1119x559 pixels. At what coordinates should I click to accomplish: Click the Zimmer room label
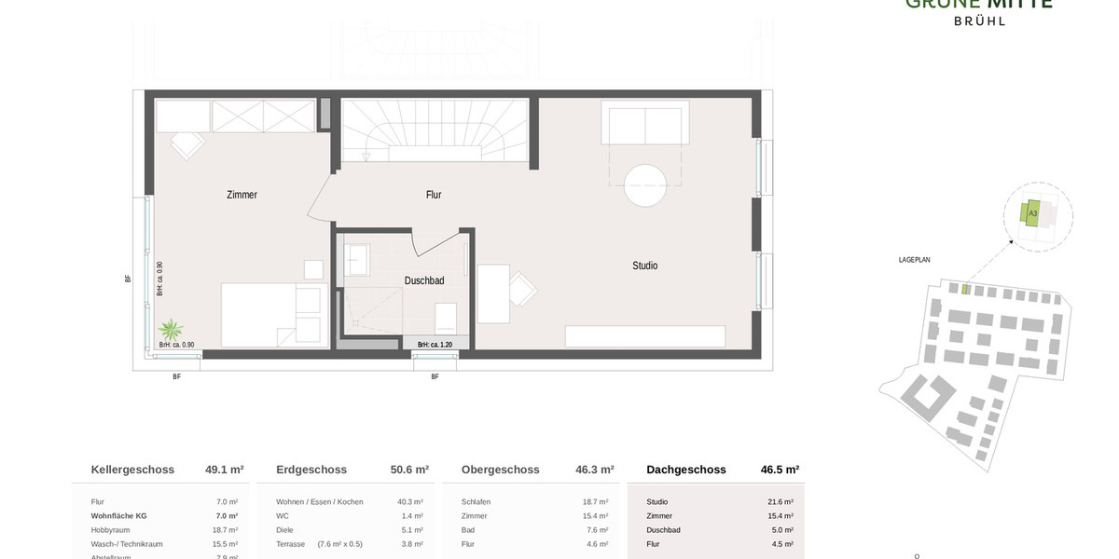click(x=242, y=195)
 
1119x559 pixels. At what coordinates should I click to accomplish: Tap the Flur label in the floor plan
click(x=434, y=195)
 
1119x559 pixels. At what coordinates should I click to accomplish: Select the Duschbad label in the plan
click(x=424, y=280)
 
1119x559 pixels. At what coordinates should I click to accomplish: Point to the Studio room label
click(x=644, y=266)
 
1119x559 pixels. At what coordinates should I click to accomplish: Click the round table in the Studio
click(x=644, y=185)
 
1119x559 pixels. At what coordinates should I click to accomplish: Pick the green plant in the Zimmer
click(x=171, y=330)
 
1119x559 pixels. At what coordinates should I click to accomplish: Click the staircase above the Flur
click(x=434, y=130)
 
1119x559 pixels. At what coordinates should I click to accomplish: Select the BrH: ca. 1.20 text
click(x=435, y=345)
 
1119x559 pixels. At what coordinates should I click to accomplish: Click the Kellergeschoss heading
click(x=132, y=470)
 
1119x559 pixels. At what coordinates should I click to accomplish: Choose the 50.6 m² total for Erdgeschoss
click(x=409, y=470)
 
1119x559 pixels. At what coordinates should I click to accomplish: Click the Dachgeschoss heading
click(x=685, y=470)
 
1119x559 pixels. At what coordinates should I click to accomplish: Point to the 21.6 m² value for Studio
click(x=780, y=502)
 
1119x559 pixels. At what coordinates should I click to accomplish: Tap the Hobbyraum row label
click(x=112, y=529)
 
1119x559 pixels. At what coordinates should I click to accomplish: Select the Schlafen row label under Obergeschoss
click(x=476, y=502)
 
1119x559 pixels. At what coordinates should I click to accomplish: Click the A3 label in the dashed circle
click(x=1032, y=213)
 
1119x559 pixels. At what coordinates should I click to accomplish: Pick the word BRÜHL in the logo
click(x=979, y=20)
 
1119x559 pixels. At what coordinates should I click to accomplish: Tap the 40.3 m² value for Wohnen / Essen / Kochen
click(x=411, y=502)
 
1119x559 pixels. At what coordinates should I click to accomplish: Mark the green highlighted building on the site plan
click(x=965, y=290)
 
